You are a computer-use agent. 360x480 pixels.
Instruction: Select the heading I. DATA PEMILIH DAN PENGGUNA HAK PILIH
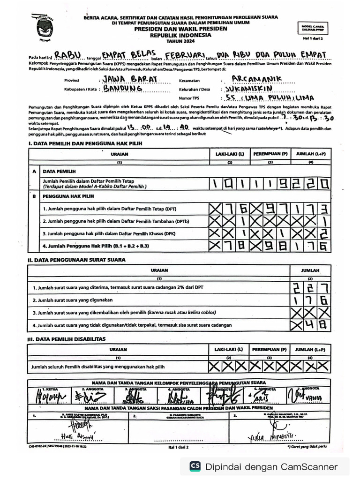tap(85, 143)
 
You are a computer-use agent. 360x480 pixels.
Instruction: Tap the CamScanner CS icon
tap(195, 466)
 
